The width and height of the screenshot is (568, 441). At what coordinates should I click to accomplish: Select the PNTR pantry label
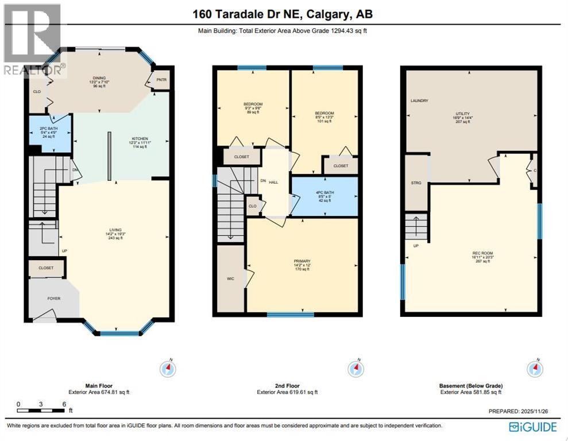(161, 80)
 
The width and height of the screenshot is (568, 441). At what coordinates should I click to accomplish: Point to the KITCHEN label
(140, 139)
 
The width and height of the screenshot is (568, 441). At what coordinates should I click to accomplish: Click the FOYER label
(54, 299)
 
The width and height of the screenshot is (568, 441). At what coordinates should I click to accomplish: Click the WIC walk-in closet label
(230, 280)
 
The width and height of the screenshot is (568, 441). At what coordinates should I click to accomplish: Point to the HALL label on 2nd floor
(273, 182)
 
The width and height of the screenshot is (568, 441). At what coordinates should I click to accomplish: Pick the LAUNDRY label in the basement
(419, 100)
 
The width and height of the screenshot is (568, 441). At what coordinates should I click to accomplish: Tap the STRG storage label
(416, 183)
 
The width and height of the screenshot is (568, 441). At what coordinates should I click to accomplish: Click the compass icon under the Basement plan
(535, 368)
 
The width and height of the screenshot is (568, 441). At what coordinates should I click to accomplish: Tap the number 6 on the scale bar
(63, 404)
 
